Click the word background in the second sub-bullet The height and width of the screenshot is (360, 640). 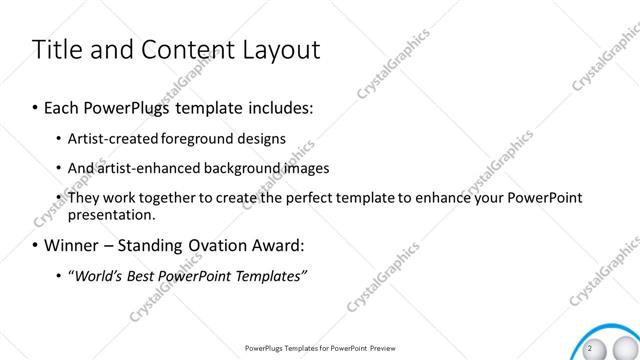[235, 168]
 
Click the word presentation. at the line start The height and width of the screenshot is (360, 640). [111, 214]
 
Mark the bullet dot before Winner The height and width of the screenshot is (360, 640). [36, 244]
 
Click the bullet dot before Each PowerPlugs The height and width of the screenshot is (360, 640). [36, 105]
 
